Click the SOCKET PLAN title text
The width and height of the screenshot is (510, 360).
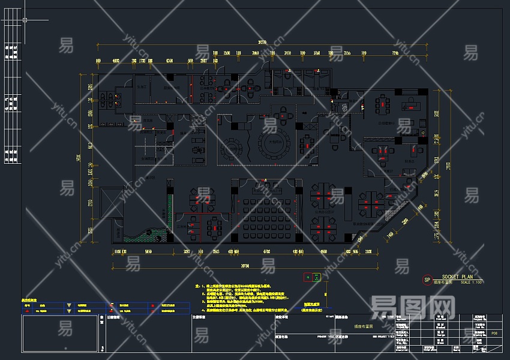coord(458,277)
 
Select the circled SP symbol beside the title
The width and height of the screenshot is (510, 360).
coord(427,280)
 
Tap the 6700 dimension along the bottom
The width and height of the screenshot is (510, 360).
coord(267,251)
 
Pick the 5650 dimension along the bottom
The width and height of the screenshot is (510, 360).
coord(148,251)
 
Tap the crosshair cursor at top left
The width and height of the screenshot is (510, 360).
coord(25,20)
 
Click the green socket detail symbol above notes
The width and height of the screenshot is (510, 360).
coord(312,277)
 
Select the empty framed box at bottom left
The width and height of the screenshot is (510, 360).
coord(60,334)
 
